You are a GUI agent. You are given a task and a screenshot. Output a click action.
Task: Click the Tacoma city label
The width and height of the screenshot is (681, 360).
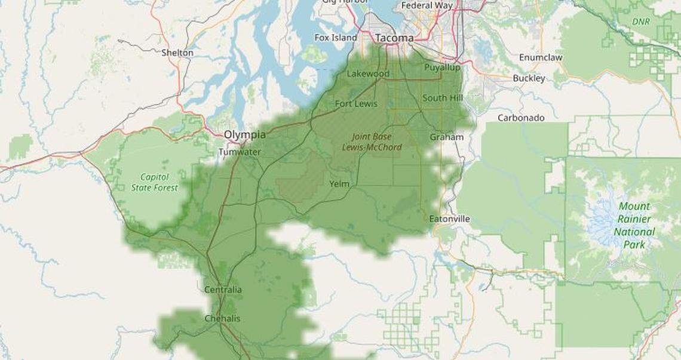pos(394,38)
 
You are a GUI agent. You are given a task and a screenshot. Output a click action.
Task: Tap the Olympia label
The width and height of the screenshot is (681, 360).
pos(246,135)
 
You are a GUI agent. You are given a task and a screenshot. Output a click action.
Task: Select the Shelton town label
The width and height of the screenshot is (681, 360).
pos(177,53)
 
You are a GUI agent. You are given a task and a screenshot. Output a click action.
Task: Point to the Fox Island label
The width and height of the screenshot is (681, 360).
pos(336,38)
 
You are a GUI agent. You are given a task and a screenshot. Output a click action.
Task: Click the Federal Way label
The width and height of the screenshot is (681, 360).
pos(427,5)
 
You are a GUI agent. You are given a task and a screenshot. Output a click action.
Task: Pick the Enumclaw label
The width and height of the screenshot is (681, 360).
pos(541,57)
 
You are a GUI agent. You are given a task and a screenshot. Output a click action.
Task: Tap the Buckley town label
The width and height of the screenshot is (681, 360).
pos(529,78)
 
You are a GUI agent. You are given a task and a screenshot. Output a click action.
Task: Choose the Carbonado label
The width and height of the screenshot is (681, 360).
pos(521,118)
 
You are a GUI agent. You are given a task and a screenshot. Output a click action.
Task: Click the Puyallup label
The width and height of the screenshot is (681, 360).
pos(442,67)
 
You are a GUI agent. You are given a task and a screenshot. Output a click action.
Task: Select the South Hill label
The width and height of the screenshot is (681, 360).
pos(443,97)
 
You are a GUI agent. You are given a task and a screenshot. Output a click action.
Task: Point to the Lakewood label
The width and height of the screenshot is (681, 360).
pos(368,73)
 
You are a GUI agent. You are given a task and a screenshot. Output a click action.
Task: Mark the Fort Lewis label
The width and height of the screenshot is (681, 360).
pos(356,103)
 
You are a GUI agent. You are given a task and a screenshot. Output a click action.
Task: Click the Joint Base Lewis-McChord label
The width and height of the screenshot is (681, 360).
pos(372,141)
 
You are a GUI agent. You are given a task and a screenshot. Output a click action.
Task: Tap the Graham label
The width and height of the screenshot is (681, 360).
pos(446,137)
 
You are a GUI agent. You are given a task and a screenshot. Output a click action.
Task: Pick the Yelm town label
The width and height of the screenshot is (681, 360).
pos(339,184)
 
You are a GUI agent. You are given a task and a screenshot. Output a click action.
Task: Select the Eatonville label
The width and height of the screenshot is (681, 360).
pos(449,219)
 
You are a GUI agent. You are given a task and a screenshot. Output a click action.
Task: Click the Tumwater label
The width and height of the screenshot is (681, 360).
pos(240,152)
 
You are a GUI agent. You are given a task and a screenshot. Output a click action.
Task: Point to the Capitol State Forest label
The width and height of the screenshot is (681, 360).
pos(155,182)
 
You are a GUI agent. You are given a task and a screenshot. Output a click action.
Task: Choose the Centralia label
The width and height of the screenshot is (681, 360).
pos(223,290)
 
